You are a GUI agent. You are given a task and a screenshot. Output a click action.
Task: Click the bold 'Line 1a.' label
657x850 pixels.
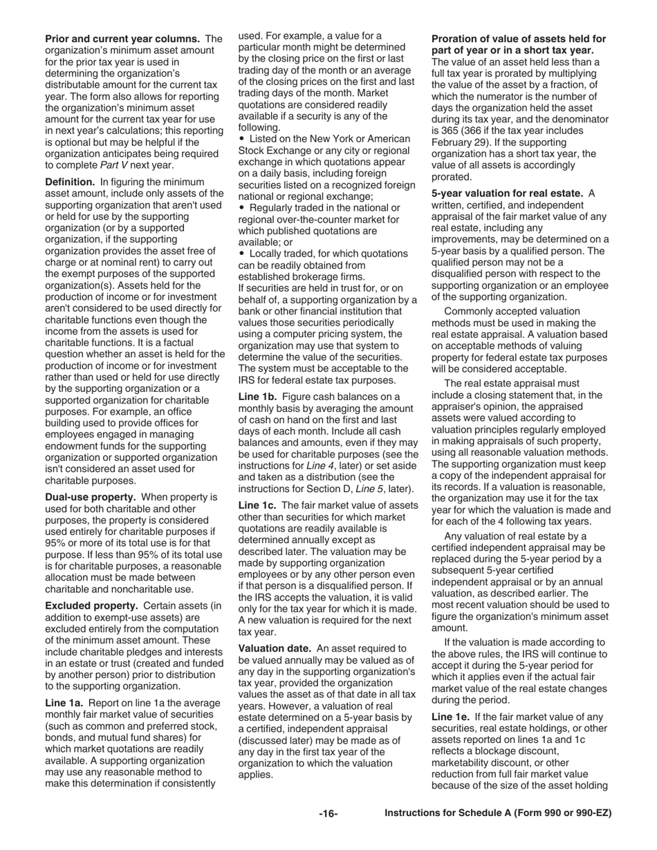point(64,703)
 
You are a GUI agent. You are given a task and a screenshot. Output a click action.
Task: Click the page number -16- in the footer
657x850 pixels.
point(328,814)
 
